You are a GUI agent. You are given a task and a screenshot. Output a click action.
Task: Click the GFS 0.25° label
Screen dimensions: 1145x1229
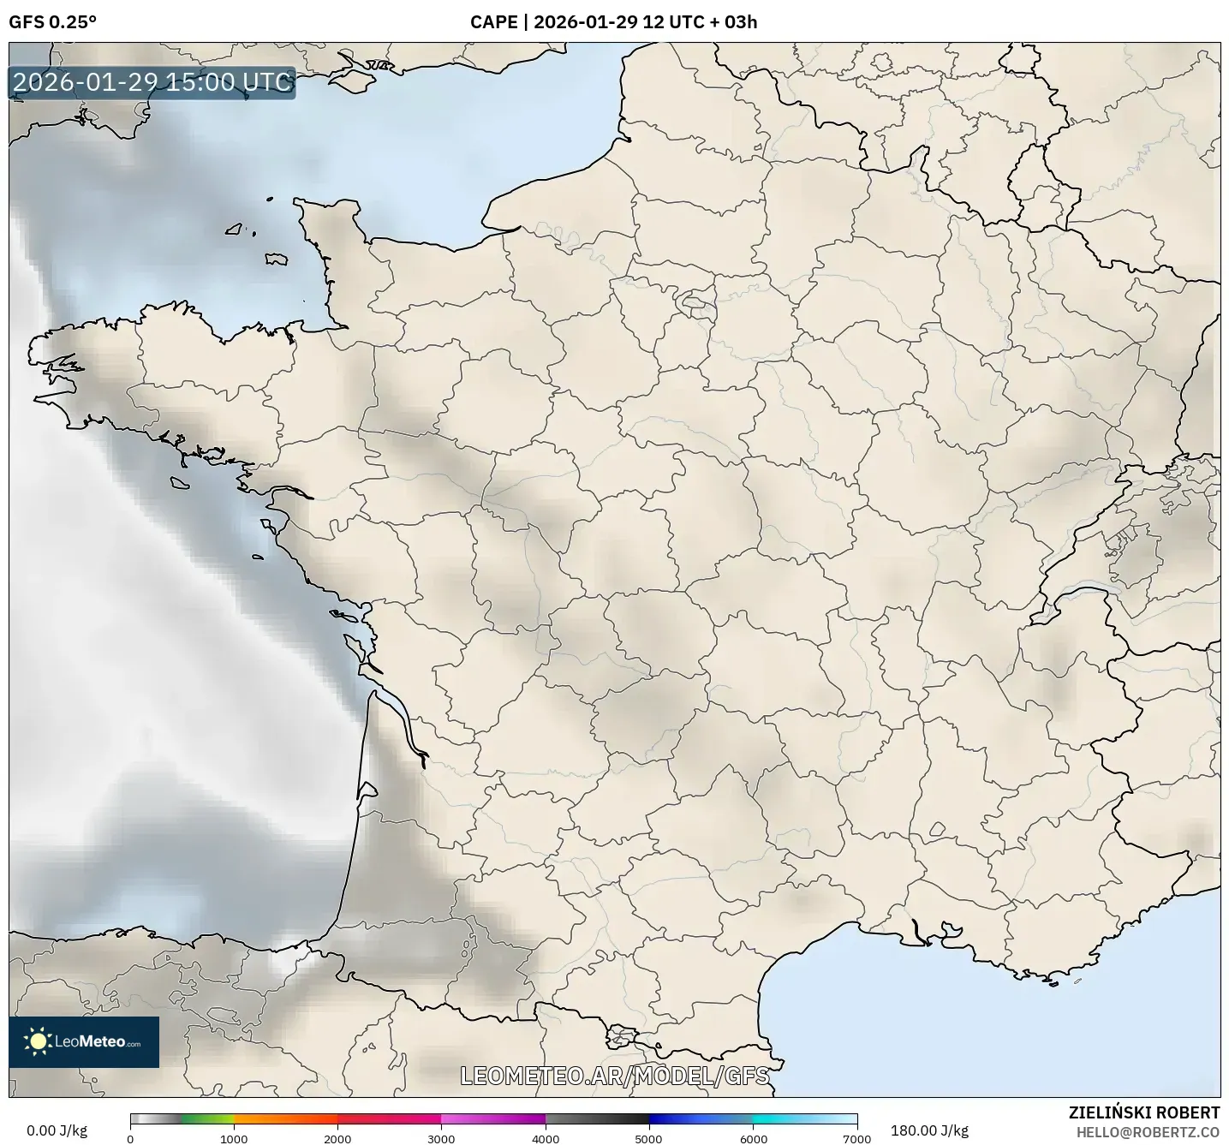[x=52, y=22]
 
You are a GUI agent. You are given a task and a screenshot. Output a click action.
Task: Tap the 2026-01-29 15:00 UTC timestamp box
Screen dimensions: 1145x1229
[x=152, y=82]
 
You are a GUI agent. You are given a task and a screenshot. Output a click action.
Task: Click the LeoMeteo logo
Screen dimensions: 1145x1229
[x=84, y=1041]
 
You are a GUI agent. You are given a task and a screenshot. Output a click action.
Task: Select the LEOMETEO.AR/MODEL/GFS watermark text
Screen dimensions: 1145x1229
[x=614, y=1076]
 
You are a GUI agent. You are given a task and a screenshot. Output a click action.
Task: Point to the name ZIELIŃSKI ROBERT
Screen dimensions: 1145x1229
[x=1143, y=1112]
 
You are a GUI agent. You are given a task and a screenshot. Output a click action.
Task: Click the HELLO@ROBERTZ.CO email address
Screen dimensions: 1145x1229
[x=1148, y=1132]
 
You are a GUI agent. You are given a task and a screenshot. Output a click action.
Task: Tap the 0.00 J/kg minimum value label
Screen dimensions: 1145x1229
[x=57, y=1130]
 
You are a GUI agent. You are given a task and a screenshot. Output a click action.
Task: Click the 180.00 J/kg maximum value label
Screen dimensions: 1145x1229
[x=929, y=1130]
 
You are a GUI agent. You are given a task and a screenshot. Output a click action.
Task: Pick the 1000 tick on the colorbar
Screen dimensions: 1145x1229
[x=234, y=1138]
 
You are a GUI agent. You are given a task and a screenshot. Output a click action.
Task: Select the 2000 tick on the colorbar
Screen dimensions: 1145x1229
[x=337, y=1138]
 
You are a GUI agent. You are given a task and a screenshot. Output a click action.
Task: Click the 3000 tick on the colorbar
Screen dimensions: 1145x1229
[x=441, y=1138]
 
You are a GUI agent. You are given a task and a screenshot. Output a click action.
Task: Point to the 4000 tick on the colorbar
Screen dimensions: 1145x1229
[x=546, y=1138]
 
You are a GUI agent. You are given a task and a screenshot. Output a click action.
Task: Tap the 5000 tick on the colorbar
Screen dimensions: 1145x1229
[x=649, y=1138]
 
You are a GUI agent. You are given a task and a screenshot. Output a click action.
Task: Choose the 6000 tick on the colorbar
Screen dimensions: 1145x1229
[x=753, y=1138]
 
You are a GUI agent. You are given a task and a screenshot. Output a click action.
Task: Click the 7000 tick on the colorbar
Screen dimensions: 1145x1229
[x=856, y=1138]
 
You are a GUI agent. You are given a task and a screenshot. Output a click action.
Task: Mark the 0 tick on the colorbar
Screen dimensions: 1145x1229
[x=130, y=1138]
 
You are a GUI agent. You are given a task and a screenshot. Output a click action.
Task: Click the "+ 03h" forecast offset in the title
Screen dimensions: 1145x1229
[x=735, y=22]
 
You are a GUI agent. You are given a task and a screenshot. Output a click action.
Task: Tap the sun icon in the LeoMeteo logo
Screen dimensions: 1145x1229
[x=38, y=1041]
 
